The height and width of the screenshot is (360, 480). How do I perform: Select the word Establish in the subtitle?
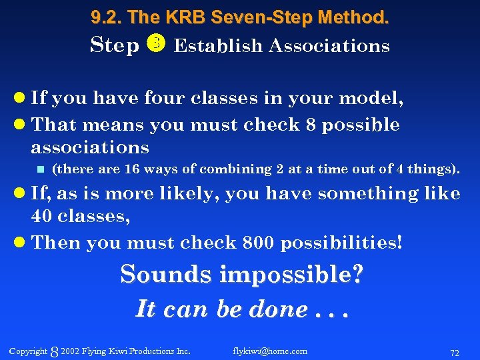pos(218,46)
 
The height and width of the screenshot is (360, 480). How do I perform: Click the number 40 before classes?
pos(43,217)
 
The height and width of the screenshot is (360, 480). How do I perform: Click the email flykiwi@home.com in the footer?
pos(270,351)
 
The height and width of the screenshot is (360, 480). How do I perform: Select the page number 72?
pos(455,351)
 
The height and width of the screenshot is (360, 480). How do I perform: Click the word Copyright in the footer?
pos(28,351)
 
